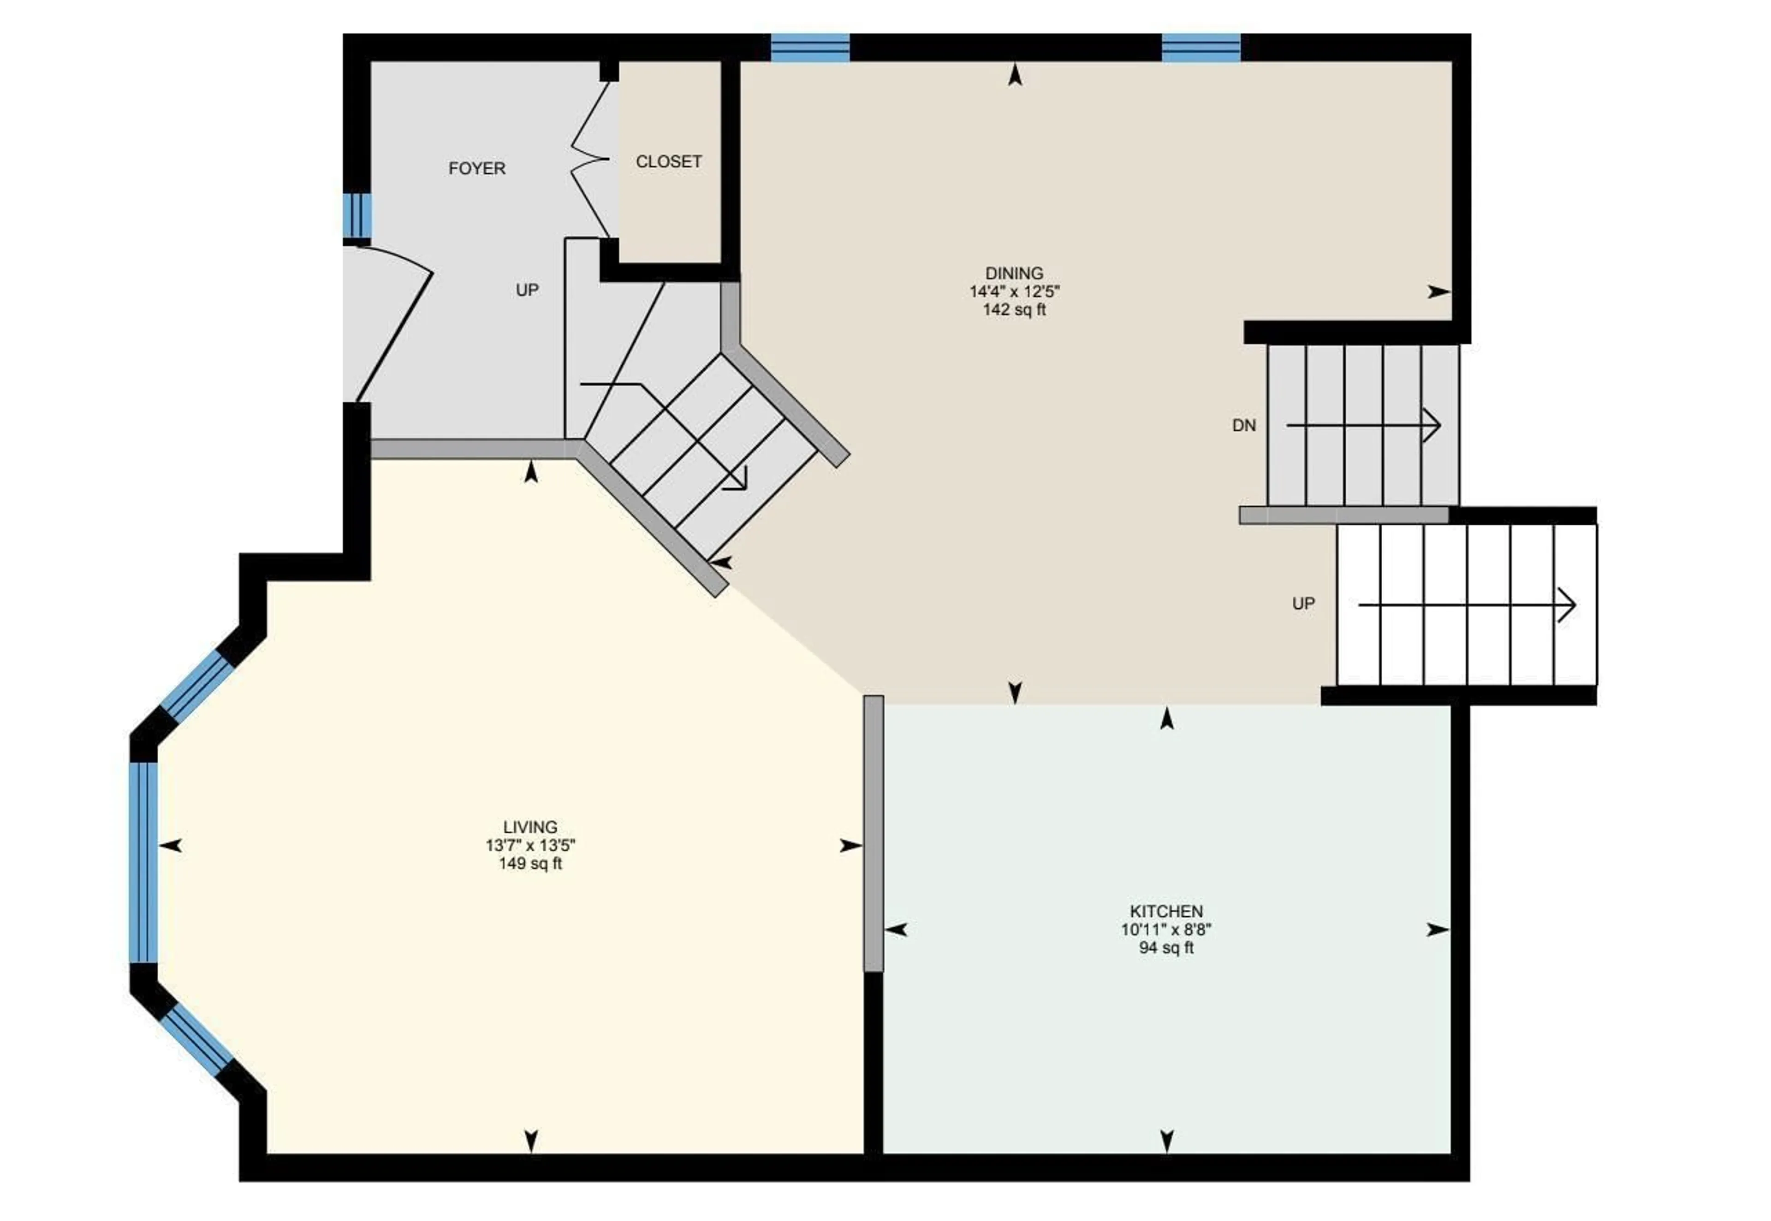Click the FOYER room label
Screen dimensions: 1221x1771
point(476,168)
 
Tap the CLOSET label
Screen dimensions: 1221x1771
point(669,161)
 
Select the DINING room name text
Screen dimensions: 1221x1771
point(1014,273)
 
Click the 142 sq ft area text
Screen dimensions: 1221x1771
point(1014,310)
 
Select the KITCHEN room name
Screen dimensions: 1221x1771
point(1166,911)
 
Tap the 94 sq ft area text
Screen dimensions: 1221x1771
point(1166,948)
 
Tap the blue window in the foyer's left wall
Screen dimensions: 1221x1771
point(357,215)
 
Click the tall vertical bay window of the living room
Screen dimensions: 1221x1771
point(143,862)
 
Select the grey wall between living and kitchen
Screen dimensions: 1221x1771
point(873,833)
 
